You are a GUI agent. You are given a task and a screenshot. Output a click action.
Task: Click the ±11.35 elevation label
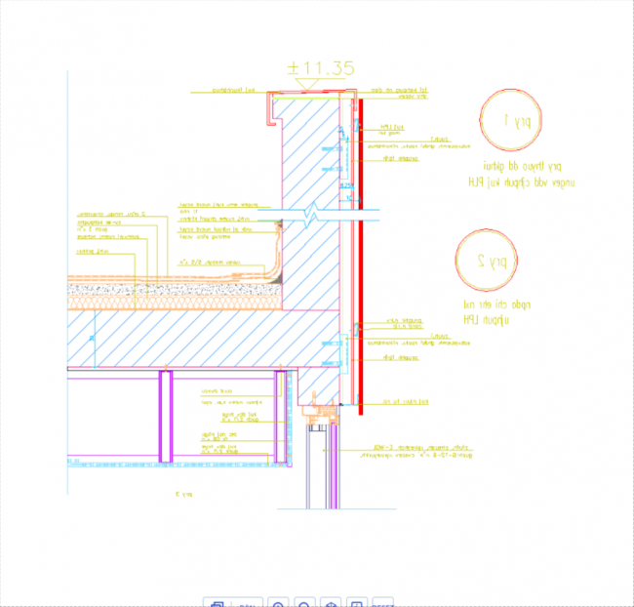pyautogui.click(x=320, y=67)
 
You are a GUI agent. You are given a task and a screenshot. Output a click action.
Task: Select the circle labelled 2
pyautogui.click(x=487, y=260)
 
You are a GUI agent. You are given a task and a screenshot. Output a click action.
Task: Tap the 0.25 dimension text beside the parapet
pyautogui.click(x=344, y=184)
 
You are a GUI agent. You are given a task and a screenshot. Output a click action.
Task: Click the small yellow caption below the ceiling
pyautogui.click(x=182, y=495)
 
